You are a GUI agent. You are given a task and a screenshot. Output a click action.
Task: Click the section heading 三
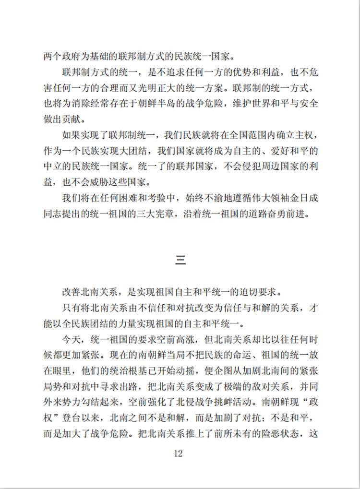click(180, 261)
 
